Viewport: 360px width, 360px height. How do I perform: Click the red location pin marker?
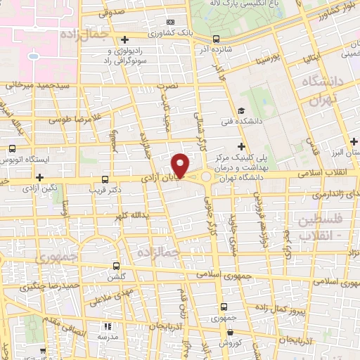181,166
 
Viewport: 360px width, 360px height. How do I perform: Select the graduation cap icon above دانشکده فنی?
241,110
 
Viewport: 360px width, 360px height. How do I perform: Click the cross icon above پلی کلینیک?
241,146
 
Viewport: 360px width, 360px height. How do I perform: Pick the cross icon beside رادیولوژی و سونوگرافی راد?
125,39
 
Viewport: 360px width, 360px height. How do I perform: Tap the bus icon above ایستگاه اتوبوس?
12,148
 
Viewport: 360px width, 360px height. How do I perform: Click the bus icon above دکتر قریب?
105,179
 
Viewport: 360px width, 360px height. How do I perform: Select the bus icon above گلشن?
117,266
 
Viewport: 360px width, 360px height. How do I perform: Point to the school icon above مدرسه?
108,327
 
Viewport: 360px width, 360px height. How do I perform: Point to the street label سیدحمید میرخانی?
34,85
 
